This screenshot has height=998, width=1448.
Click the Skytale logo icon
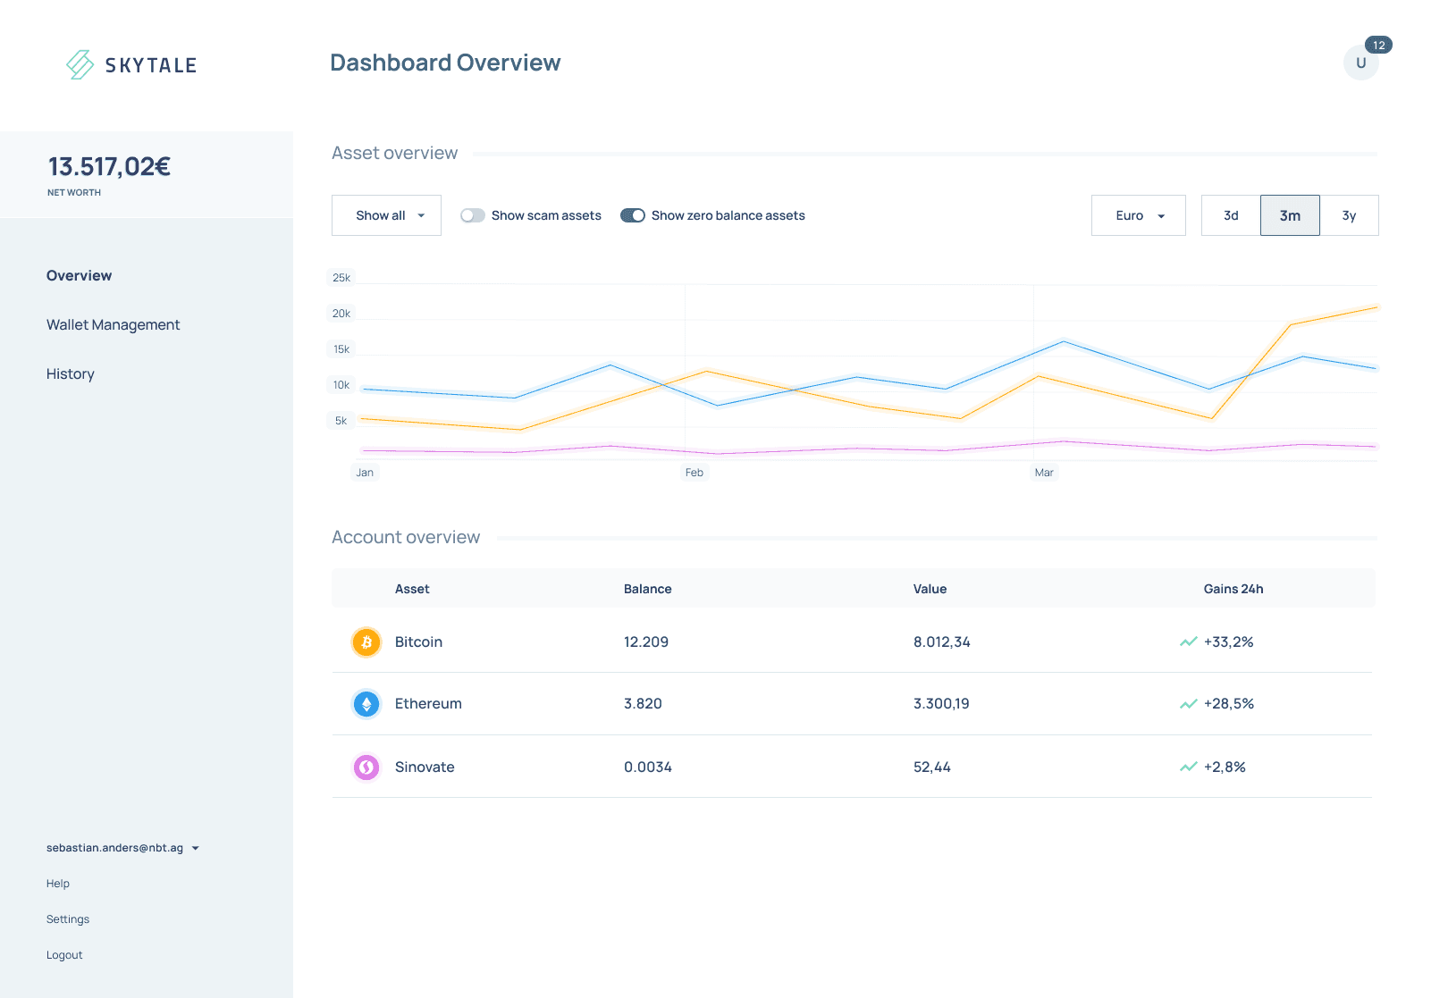point(80,64)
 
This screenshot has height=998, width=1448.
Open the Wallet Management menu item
point(114,324)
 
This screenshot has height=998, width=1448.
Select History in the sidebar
point(71,373)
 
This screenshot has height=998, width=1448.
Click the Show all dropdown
point(386,215)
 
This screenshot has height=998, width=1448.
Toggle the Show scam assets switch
point(473,215)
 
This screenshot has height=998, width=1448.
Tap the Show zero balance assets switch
point(633,215)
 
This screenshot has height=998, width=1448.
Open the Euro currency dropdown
point(1139,215)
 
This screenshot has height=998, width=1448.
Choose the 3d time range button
point(1231,215)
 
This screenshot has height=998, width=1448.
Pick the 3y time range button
point(1349,215)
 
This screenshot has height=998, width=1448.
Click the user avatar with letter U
point(1360,63)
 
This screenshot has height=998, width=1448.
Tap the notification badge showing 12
point(1379,45)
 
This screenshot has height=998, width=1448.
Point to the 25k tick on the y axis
point(341,277)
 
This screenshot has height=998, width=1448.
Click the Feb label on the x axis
point(695,473)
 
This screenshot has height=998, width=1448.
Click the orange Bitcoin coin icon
point(366,642)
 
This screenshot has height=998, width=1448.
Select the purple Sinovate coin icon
point(366,767)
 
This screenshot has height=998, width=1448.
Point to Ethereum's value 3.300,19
point(941,703)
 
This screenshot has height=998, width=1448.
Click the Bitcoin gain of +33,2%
point(1228,642)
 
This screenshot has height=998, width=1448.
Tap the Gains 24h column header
point(1233,589)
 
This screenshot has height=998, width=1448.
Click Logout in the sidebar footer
point(64,955)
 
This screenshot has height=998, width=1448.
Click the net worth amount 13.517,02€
point(109,167)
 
